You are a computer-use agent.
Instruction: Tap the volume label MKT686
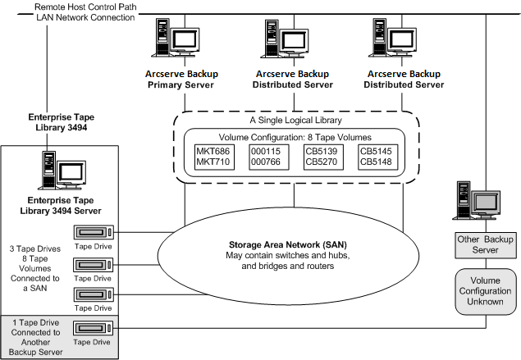214,151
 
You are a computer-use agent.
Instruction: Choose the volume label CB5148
377,162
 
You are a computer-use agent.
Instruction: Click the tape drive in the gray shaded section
94,328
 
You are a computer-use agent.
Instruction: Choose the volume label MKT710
214,162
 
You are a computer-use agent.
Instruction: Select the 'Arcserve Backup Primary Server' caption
174,79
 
